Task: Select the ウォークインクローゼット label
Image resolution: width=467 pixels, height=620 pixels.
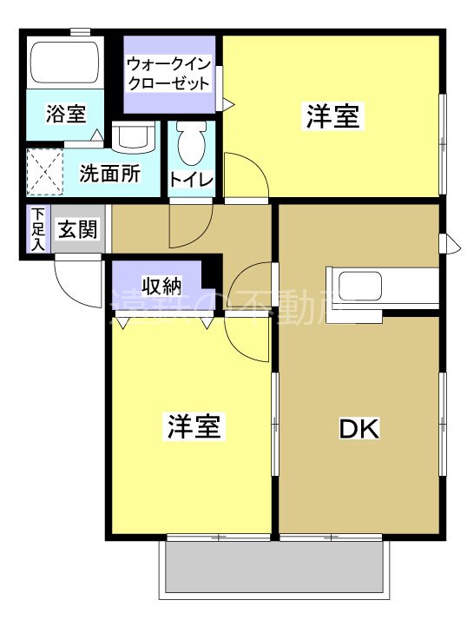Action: pos(168,74)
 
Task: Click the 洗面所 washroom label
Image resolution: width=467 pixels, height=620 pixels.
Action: pos(109,173)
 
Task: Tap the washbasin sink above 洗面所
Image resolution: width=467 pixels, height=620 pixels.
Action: pos(133,136)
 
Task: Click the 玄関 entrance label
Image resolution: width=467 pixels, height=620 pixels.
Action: pos(78,230)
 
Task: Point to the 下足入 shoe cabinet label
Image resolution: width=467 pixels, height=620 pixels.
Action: pos(37,230)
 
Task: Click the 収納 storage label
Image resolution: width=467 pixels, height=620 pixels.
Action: pos(162,286)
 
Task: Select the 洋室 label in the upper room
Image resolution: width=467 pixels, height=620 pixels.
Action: pos(332,116)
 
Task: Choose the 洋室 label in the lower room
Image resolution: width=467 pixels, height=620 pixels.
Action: pos(194,426)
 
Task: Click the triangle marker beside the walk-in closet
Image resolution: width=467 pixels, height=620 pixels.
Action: pos(229,105)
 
